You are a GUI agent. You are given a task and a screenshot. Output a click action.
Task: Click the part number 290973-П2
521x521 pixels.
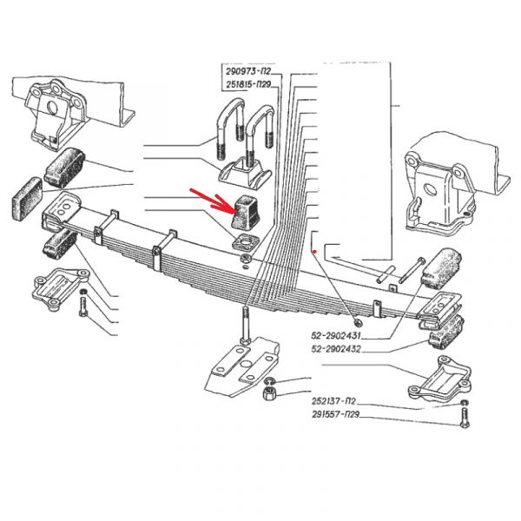pyautogui.click(x=248, y=72)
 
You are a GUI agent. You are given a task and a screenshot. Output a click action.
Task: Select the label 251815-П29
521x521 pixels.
pyautogui.click(x=248, y=85)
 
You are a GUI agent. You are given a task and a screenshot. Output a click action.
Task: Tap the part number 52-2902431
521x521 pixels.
pyautogui.click(x=335, y=335)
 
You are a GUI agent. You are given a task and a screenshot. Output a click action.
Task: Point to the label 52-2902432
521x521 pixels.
pyautogui.click(x=335, y=349)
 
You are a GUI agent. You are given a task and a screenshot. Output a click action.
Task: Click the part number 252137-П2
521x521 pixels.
pyautogui.click(x=333, y=401)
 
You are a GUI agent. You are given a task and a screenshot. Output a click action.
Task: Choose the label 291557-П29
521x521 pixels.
pyautogui.click(x=335, y=415)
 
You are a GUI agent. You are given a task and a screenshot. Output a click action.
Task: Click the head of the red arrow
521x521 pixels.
pyautogui.click(x=234, y=210)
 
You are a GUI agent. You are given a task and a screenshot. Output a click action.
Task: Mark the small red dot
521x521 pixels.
pyautogui.click(x=314, y=252)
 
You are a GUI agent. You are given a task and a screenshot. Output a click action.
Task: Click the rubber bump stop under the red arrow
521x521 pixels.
pyautogui.click(x=247, y=212)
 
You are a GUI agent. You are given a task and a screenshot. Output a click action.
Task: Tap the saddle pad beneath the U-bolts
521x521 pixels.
pyautogui.click(x=245, y=174)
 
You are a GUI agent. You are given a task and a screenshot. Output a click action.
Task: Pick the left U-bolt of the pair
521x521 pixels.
pyautogui.click(x=229, y=128)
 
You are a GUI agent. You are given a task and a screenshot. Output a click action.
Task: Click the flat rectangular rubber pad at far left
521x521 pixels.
pyautogui.click(x=27, y=199)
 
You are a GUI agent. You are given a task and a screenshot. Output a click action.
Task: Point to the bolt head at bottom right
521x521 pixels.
pyautogui.click(x=465, y=425)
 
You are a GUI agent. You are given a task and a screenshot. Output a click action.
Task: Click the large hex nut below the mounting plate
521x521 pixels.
pyautogui.click(x=269, y=393)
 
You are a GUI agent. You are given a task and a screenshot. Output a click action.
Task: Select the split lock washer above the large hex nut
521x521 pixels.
pyautogui.click(x=269, y=381)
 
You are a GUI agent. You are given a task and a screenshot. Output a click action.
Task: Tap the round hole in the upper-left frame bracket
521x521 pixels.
pyautogui.click(x=52, y=108)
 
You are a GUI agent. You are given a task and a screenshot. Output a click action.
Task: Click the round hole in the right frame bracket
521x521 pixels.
pyautogui.click(x=431, y=188)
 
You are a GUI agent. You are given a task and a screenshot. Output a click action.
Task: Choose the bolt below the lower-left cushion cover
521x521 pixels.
pyautogui.click(x=82, y=307)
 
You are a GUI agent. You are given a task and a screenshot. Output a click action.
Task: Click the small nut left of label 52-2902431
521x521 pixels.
pyautogui.click(x=358, y=322)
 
